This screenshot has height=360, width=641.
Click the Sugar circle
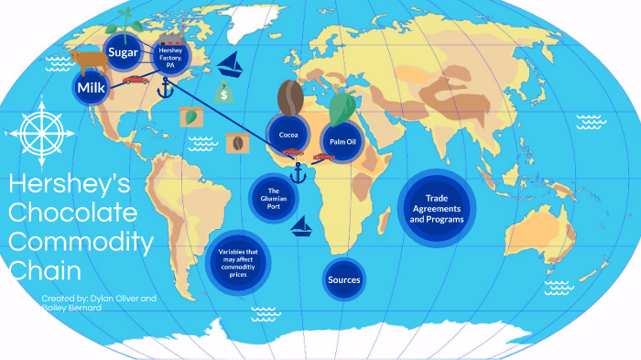123,53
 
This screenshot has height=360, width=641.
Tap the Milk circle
92,88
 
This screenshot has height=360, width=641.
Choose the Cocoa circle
288,135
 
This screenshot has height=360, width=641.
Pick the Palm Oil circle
342,141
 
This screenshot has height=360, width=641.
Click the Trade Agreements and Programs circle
437,208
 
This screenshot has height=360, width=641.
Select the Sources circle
344,279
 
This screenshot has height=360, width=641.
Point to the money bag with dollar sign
223,92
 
